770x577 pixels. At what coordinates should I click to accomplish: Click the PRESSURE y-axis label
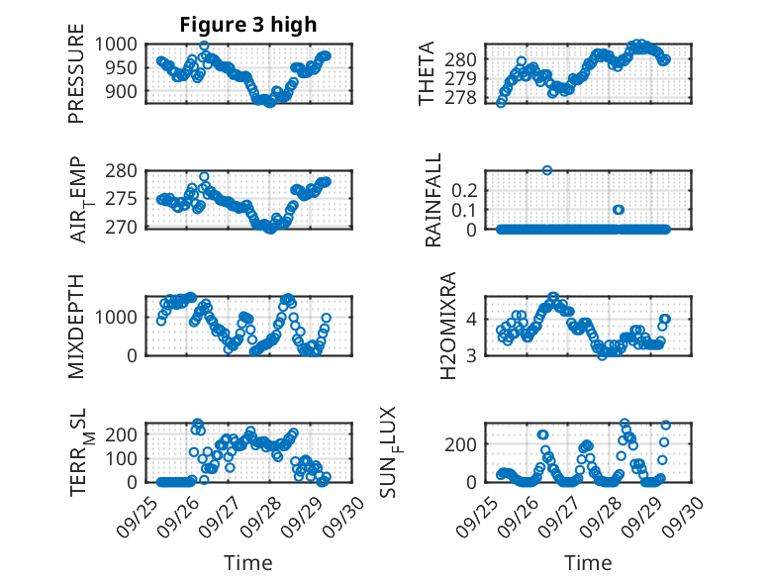(x=77, y=80)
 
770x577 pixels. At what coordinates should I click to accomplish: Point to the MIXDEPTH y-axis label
(x=77, y=325)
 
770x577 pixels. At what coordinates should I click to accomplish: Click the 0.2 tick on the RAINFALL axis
(x=465, y=189)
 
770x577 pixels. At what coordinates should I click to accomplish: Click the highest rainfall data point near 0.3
(x=547, y=170)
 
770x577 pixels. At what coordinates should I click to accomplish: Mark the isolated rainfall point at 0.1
(x=619, y=210)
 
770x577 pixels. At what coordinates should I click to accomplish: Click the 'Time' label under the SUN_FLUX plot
(x=588, y=563)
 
